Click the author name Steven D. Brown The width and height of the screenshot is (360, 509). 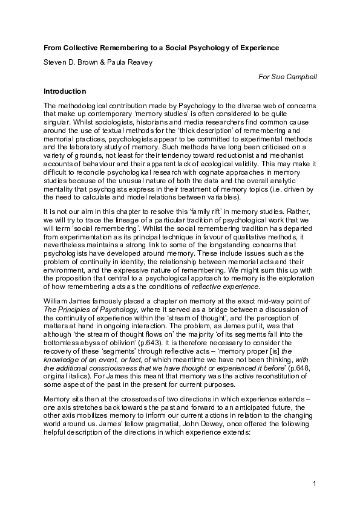pos(68,62)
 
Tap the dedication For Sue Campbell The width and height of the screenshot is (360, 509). pos(288,77)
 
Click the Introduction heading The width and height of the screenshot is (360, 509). pos(65,91)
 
